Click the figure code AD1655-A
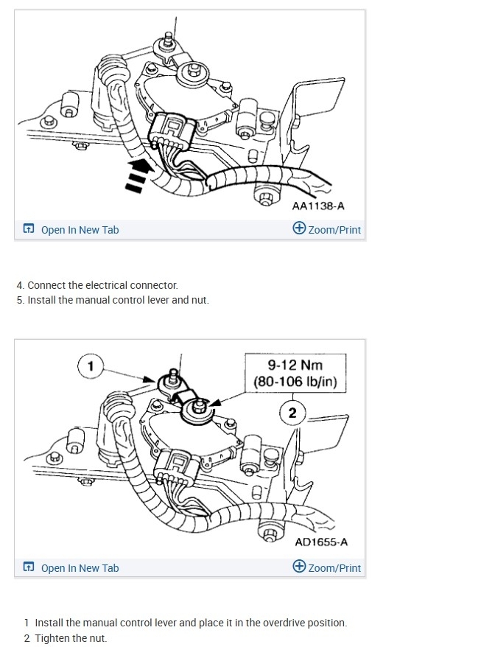tap(321, 542)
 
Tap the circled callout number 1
tap(91, 365)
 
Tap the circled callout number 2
tap(292, 413)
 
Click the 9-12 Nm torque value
tap(295, 365)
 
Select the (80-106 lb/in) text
tap(295, 382)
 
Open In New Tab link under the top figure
tap(80, 230)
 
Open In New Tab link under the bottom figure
tap(80, 568)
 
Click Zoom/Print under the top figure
tap(334, 230)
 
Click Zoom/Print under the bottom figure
tap(334, 568)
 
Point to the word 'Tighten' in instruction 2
tap(52, 638)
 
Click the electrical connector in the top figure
tap(171, 130)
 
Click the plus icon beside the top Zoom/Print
tap(299, 228)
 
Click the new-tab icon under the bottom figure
tap(29, 567)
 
